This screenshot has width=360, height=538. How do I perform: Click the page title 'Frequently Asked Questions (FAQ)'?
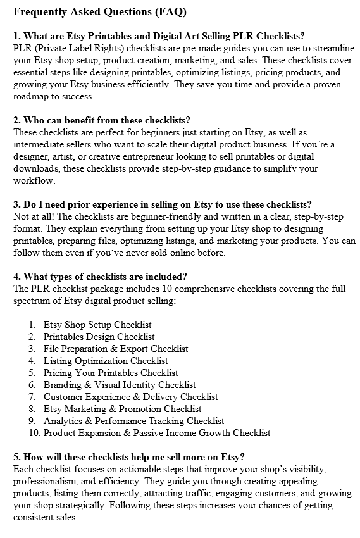click(x=99, y=12)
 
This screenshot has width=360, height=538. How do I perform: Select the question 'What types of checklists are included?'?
click(x=104, y=277)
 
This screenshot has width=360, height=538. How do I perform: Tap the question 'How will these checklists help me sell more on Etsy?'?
click(x=129, y=457)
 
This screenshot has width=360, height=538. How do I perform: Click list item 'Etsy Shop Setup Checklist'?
click(x=97, y=325)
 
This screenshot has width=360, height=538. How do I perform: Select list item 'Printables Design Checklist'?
click(x=99, y=337)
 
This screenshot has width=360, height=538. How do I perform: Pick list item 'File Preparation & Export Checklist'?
click(x=116, y=349)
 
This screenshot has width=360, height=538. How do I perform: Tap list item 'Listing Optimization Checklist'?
click(x=106, y=361)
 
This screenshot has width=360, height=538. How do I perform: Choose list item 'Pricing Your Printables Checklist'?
click(x=111, y=373)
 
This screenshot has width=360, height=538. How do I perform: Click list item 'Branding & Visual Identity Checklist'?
click(x=120, y=385)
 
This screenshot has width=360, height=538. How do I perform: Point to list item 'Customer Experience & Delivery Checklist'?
click(x=130, y=397)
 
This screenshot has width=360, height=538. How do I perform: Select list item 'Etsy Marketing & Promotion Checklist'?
click(x=123, y=409)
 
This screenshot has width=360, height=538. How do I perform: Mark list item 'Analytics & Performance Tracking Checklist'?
click(x=133, y=421)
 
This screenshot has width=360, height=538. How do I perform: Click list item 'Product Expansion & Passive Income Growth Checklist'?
click(x=157, y=433)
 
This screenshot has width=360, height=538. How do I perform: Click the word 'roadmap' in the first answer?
click(x=32, y=97)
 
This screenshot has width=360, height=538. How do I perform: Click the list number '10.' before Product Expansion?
click(x=34, y=433)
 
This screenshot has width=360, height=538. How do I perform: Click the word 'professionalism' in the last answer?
click(x=47, y=481)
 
